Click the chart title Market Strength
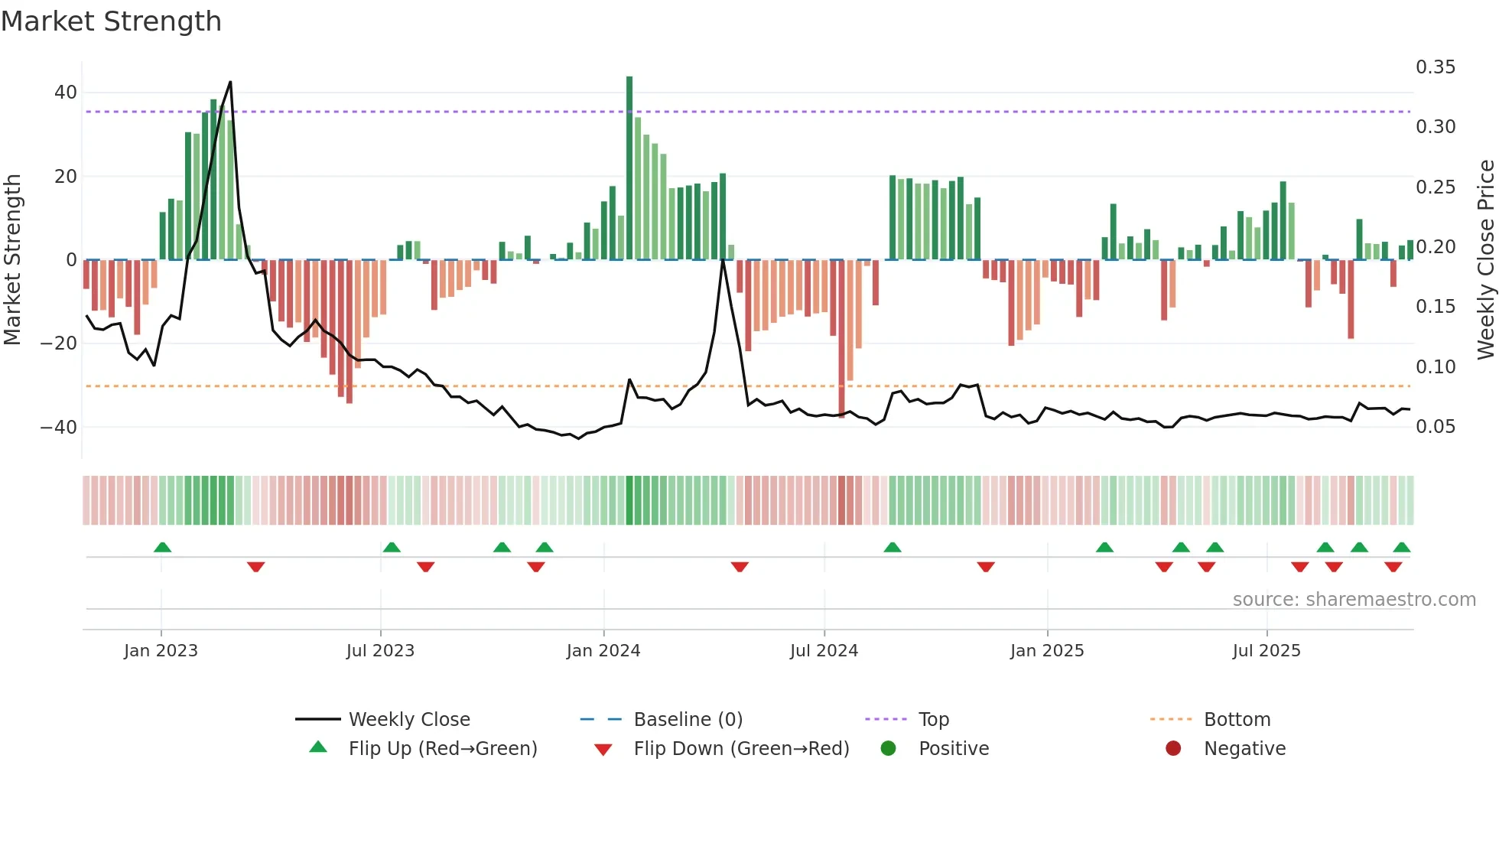pyautogui.click(x=112, y=21)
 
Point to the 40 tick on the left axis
pyautogui.click(x=66, y=93)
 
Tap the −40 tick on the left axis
pyautogui.click(x=59, y=427)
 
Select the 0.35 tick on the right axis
pyautogui.click(x=1436, y=67)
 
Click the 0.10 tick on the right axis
pyautogui.click(x=1436, y=367)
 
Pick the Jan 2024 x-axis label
pyautogui.click(x=603, y=651)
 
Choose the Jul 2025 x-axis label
pyautogui.click(x=1267, y=651)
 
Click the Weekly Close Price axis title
pyautogui.click(x=1485, y=260)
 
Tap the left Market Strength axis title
pyautogui.click(x=12, y=260)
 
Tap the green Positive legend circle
pyautogui.click(x=888, y=748)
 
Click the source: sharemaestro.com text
pyautogui.click(x=1354, y=600)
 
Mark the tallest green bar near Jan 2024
pyautogui.click(x=629, y=168)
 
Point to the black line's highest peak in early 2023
pyautogui.click(x=230, y=83)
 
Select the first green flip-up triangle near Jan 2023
pyautogui.click(x=162, y=547)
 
